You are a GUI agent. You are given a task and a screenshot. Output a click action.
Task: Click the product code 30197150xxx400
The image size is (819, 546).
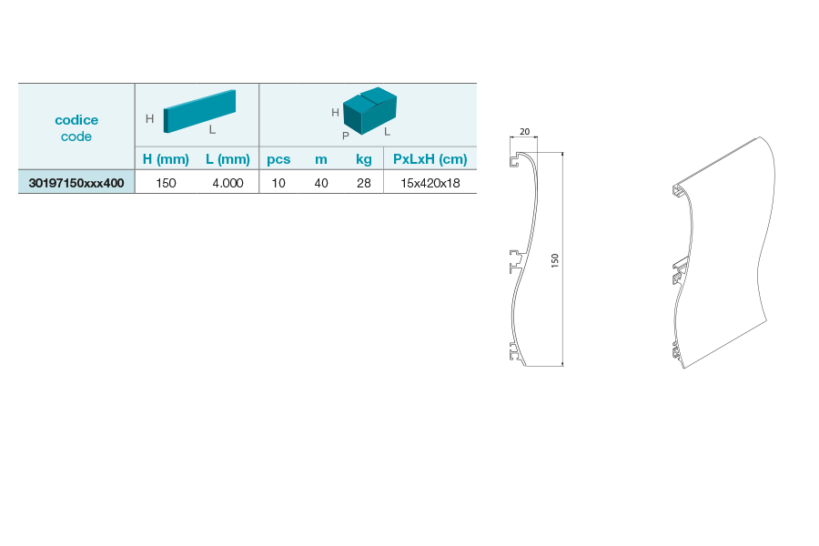click(x=76, y=183)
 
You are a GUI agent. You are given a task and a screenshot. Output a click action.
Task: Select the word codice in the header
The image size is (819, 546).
click(x=76, y=119)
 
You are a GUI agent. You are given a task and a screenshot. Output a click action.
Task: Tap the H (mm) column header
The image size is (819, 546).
click(x=166, y=159)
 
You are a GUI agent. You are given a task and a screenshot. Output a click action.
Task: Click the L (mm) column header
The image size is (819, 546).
click(x=227, y=159)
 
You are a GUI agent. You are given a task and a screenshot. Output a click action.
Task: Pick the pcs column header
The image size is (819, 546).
click(x=278, y=159)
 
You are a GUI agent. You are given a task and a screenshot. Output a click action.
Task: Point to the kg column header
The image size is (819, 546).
click(x=363, y=159)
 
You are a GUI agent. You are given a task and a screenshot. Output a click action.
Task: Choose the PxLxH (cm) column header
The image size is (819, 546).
click(x=430, y=159)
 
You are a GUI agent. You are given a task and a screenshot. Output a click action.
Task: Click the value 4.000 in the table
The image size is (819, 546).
click(x=227, y=183)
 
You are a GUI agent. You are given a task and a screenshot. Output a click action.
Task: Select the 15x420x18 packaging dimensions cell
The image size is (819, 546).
click(x=430, y=183)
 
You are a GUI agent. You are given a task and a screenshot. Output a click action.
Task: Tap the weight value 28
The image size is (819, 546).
click(x=363, y=183)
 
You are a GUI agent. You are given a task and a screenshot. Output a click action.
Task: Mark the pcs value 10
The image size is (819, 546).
click(x=278, y=183)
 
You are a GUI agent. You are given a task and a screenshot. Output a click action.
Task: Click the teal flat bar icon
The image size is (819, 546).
click(x=199, y=111)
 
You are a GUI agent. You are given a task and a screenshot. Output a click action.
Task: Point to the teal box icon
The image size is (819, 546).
click(x=369, y=111)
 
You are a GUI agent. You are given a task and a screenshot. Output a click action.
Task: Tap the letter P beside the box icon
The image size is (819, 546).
click(x=345, y=136)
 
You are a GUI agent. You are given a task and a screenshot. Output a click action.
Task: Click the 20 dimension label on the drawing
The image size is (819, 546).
click(x=524, y=132)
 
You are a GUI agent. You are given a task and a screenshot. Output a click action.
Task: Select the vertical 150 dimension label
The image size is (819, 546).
click(x=555, y=260)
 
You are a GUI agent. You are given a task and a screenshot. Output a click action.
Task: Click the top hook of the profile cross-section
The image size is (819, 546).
click(x=517, y=159)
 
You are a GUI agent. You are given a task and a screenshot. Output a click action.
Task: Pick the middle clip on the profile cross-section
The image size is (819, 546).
click(x=517, y=261)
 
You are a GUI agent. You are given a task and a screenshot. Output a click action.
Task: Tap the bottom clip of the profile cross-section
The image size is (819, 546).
click(x=516, y=352)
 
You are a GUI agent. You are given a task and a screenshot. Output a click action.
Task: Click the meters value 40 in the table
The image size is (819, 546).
click(x=321, y=183)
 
